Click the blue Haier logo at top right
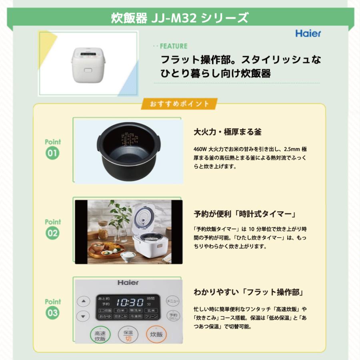[x=308, y=33]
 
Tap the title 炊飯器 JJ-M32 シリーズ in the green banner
[x=180, y=18]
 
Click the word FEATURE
[x=174, y=46]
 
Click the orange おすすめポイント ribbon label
[x=180, y=104]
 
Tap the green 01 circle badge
[x=52, y=153]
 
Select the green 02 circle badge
[x=52, y=233]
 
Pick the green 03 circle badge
[x=52, y=313]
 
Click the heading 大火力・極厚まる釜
[x=227, y=132]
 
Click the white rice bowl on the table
[x=128, y=256]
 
